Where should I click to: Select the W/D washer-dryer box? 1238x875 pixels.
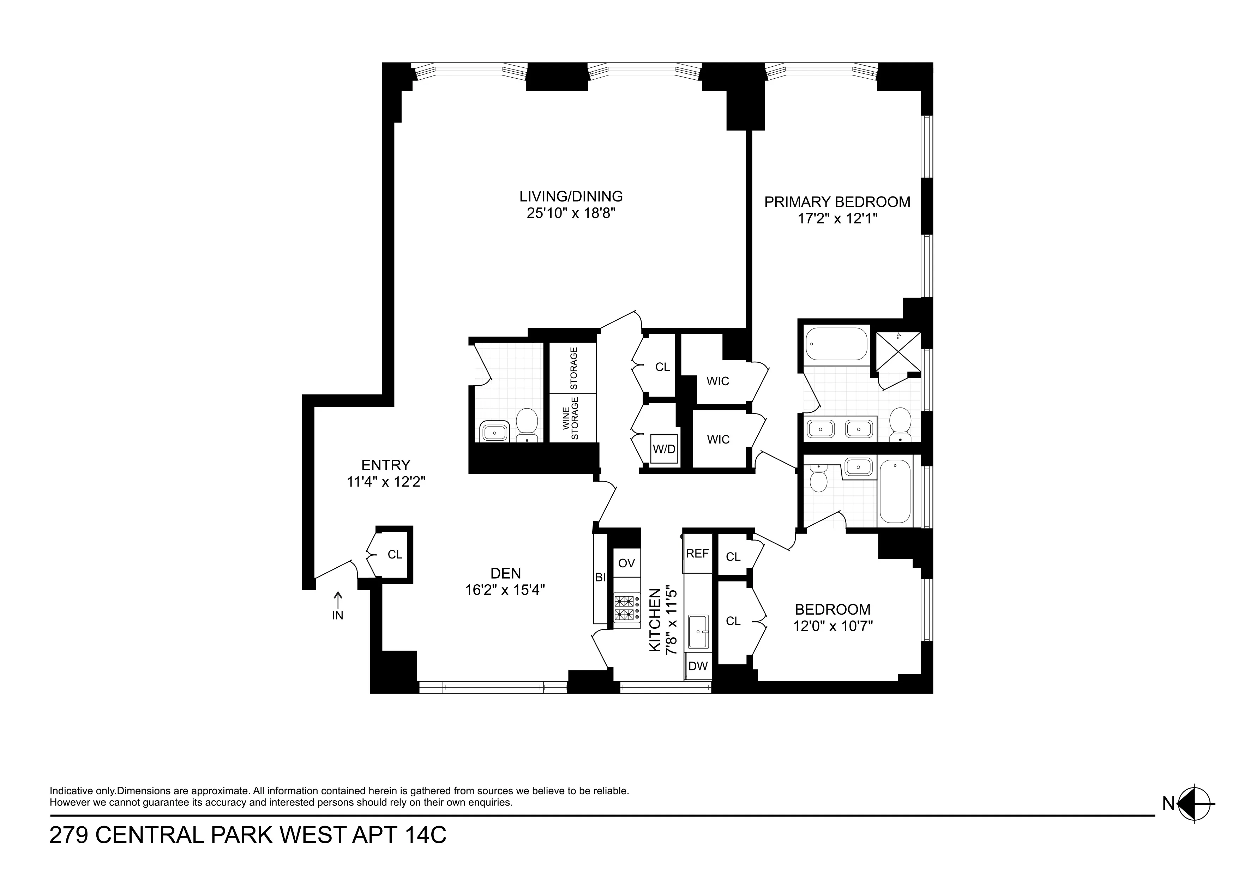click(x=664, y=448)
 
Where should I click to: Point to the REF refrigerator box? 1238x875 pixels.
click(x=697, y=554)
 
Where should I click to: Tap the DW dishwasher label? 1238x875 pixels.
click(x=698, y=666)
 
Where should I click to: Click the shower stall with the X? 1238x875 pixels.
click(x=898, y=351)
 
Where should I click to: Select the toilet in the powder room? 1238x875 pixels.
click(x=527, y=424)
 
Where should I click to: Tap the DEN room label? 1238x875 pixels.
click(x=505, y=573)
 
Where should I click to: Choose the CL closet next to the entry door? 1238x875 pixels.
click(x=395, y=554)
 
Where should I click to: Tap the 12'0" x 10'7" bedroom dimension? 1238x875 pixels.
click(x=833, y=626)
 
